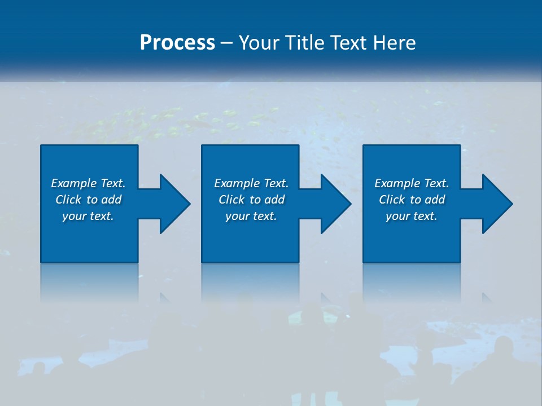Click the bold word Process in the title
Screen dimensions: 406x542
point(177,43)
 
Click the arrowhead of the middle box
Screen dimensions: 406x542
point(335,204)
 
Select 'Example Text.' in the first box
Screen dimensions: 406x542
point(88,183)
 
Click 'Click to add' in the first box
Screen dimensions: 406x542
point(88,200)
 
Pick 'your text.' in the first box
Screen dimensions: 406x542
point(88,216)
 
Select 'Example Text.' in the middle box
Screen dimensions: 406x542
point(251,183)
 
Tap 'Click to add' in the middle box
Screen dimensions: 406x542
point(251,200)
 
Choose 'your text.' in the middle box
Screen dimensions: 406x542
point(251,216)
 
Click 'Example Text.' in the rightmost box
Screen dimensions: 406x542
point(412,183)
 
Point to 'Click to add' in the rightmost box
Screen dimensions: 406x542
point(412,200)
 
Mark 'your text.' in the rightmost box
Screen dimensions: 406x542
point(412,216)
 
